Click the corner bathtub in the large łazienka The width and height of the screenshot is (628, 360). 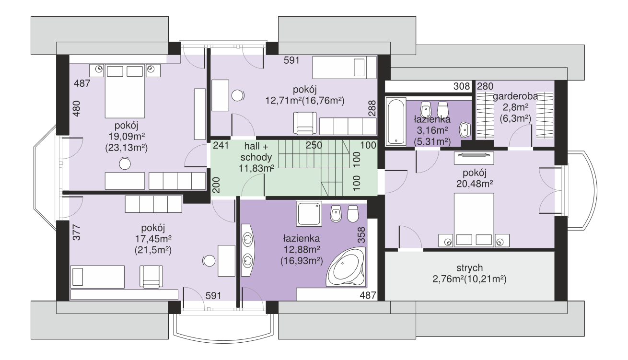click(x=346, y=267)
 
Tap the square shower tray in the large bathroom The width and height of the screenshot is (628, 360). click(x=309, y=214)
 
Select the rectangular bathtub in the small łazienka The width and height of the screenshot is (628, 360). click(x=395, y=121)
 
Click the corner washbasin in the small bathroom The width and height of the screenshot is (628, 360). click(x=465, y=130)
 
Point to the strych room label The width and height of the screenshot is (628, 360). click(x=470, y=268)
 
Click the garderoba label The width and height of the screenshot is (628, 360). click(x=515, y=96)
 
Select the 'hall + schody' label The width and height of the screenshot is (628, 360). click(x=256, y=151)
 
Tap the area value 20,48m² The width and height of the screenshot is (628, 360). click(x=475, y=184)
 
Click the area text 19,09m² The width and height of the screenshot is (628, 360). click(x=127, y=137)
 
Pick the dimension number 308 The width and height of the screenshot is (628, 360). click(x=462, y=86)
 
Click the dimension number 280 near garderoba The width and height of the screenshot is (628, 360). click(x=485, y=86)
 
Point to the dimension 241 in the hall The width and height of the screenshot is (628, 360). click(x=221, y=145)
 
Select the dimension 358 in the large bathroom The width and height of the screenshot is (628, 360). click(x=361, y=235)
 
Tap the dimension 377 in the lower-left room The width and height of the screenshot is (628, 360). click(x=77, y=232)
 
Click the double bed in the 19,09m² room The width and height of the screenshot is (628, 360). click(x=125, y=91)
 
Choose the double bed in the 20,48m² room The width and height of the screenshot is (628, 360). click(x=474, y=220)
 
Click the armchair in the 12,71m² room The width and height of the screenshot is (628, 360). click(x=305, y=123)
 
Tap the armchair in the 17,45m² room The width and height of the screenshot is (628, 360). click(x=151, y=277)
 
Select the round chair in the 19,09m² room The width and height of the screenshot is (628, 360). click(x=125, y=164)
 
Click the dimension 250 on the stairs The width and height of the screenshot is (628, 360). click(x=314, y=145)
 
